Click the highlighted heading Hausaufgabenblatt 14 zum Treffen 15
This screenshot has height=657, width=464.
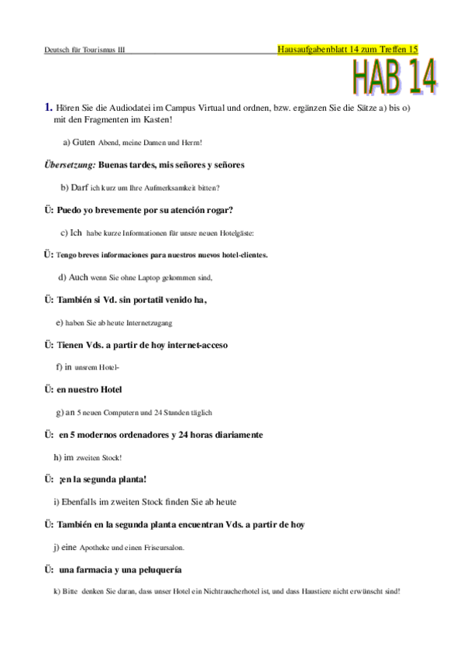pos(347,49)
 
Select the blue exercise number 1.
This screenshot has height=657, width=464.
pos(49,108)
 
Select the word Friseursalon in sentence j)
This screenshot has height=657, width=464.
pos(163,548)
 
